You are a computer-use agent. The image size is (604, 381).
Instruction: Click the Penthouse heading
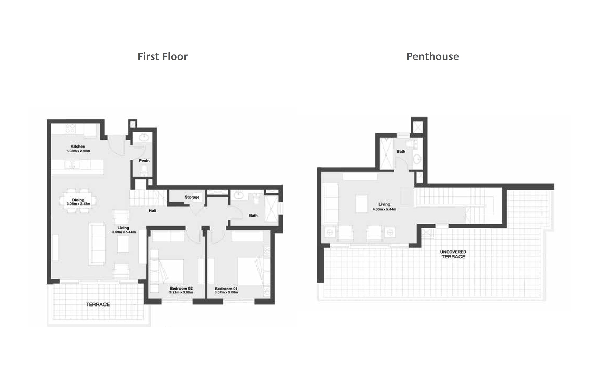(432, 57)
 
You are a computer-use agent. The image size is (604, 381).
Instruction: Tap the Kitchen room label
(78, 146)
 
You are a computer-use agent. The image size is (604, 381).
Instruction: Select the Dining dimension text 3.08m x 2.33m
(78, 204)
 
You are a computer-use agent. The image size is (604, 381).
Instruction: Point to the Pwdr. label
(144, 161)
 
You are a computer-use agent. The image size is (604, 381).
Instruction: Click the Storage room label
(192, 197)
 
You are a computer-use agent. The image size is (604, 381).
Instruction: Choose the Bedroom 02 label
(181, 288)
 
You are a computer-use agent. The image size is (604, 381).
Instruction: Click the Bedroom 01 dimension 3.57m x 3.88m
(226, 292)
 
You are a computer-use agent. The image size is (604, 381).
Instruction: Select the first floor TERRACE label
(98, 304)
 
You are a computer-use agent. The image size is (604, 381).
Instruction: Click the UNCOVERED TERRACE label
(453, 254)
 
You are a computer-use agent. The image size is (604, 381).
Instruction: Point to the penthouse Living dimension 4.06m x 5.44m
(384, 209)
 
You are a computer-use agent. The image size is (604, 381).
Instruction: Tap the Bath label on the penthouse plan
(401, 151)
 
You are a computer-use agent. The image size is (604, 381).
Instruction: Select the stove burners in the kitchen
(70, 129)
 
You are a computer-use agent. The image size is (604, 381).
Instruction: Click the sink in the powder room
(144, 137)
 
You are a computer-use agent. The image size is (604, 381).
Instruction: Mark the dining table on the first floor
(78, 200)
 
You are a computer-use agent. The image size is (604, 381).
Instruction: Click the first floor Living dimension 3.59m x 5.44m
(124, 232)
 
